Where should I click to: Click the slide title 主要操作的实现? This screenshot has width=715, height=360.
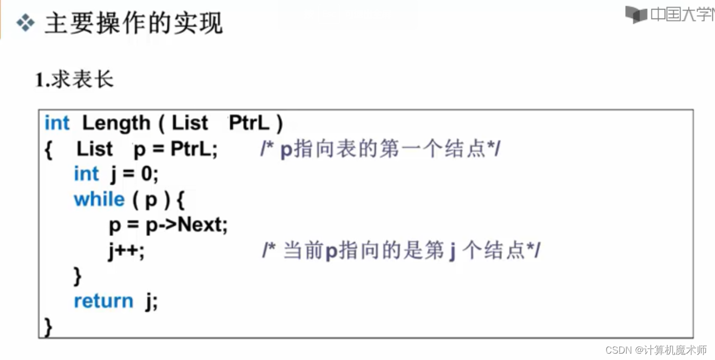click(x=133, y=24)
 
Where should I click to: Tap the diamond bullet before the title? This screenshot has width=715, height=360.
click(x=25, y=23)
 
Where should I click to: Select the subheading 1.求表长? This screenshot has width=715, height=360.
click(x=74, y=80)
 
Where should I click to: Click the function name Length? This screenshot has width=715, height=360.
click(x=116, y=123)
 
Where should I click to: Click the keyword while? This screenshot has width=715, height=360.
click(x=99, y=200)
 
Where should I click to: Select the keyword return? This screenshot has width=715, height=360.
click(x=103, y=301)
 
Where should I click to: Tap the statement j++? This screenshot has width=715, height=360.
click(x=126, y=251)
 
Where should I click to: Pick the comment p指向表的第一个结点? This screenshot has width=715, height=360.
click(x=380, y=150)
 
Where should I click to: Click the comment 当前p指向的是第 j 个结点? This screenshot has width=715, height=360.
click(x=401, y=251)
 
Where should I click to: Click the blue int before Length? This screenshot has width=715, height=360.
click(x=57, y=123)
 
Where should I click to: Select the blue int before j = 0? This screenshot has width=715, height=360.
click(x=86, y=174)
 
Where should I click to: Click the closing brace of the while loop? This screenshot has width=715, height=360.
click(x=78, y=276)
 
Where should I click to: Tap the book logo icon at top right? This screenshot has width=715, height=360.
click(x=636, y=14)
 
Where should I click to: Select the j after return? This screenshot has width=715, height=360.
click(x=151, y=302)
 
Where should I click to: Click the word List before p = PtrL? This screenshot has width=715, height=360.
click(x=95, y=149)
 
